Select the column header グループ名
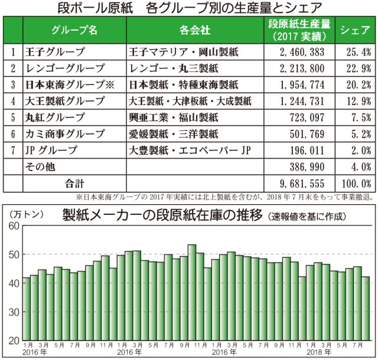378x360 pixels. (x=74, y=30)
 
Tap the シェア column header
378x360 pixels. (x=356, y=30)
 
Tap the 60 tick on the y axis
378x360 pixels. (x=14, y=226)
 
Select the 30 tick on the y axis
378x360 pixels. (x=14, y=312)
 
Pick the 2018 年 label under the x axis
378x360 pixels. (x=317, y=352)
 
